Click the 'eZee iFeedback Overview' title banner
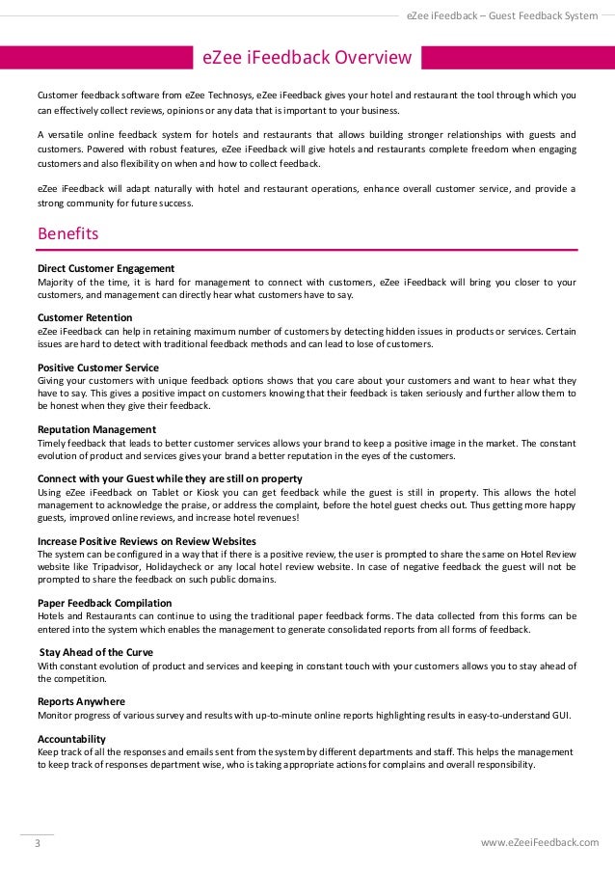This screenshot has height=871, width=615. [307, 59]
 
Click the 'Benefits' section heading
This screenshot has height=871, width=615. [67, 233]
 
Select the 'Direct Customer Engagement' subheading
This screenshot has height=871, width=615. [106, 267]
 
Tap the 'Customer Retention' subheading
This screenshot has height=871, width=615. [85, 317]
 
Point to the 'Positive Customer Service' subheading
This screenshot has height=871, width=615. [98, 367]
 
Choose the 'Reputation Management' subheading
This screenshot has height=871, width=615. [96, 429]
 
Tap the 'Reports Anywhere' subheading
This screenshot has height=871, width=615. [81, 701]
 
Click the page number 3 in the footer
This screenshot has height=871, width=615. [38, 842]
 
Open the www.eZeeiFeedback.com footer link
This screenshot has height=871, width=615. [539, 842]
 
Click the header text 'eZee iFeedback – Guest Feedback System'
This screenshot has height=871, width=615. [502, 14]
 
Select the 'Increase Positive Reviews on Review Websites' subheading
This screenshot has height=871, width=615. [147, 541]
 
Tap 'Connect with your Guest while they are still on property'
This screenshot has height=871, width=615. [170, 478]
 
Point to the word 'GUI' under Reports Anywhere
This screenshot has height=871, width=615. [559, 715]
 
